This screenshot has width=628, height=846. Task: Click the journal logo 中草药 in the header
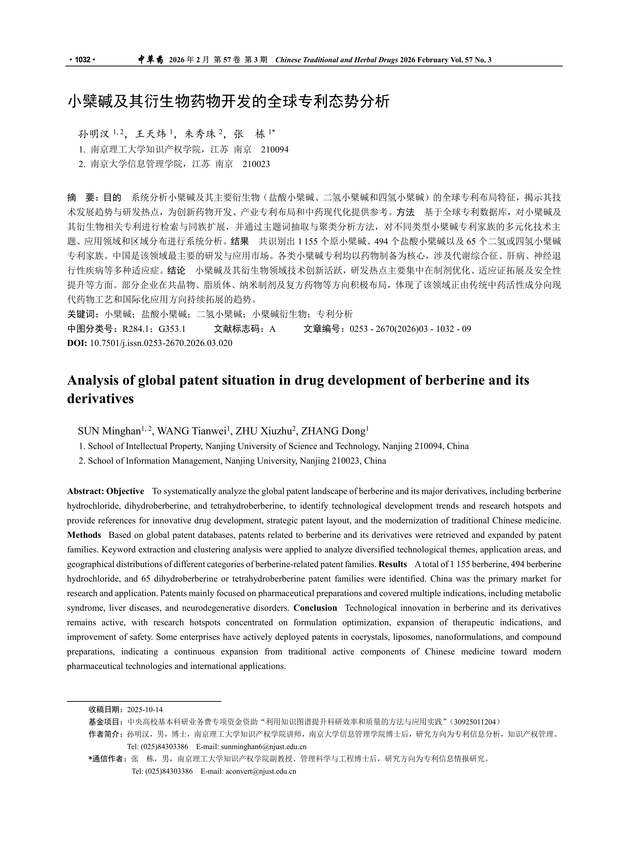150,60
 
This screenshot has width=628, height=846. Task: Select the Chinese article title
229,102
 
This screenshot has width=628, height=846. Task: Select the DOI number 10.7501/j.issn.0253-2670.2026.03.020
161,343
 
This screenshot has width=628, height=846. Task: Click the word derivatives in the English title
100,398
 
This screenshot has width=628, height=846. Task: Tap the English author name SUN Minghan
109,431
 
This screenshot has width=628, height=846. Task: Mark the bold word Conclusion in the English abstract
315,608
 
